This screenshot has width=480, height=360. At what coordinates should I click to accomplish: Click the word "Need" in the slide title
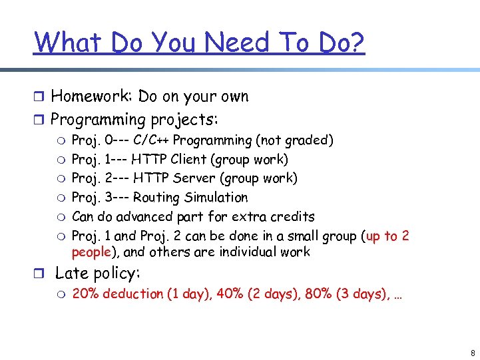pos(236,43)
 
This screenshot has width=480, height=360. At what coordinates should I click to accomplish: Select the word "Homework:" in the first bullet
pos(93,96)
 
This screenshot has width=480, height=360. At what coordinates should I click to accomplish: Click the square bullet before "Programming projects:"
pos(39,120)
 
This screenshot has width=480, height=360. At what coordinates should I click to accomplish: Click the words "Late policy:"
pos(97,273)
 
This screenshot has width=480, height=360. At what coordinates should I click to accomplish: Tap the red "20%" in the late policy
pos(85,294)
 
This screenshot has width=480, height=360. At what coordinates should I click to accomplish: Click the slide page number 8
pos(472,352)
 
